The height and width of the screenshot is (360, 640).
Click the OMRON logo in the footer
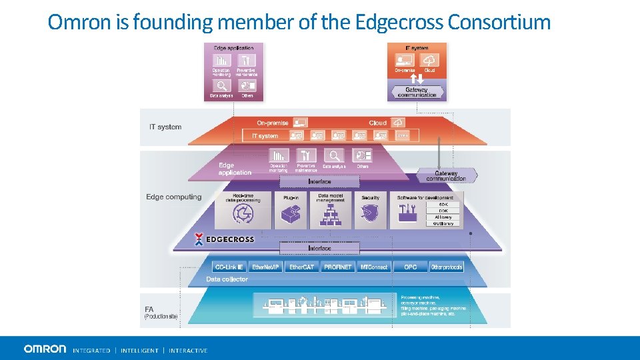pyautogui.click(x=45, y=349)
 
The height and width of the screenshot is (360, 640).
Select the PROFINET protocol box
pyautogui.click(x=337, y=267)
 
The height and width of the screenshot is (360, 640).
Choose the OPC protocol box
pyautogui.click(x=410, y=267)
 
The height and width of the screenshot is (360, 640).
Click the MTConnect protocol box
pyautogui.click(x=373, y=267)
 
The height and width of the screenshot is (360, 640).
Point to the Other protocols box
pyautogui.click(x=446, y=267)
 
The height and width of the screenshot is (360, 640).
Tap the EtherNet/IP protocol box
pyautogui.click(x=266, y=267)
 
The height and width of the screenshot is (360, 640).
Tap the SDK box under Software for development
pyautogui.click(x=444, y=205)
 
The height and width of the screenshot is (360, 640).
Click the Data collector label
pyautogui.click(x=227, y=279)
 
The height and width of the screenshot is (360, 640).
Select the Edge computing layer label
pyautogui.click(x=173, y=197)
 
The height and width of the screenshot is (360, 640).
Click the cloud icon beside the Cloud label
pyautogui.click(x=397, y=123)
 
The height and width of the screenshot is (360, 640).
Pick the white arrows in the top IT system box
pyautogui.click(x=417, y=79)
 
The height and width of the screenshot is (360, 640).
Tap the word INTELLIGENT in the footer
pyautogui.click(x=139, y=350)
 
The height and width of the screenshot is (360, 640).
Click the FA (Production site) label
pyautogui.click(x=161, y=313)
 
